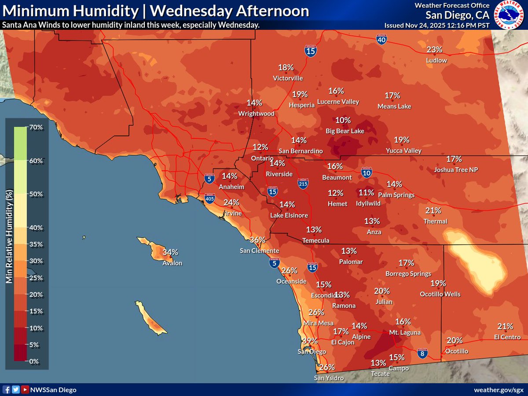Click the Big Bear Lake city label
tap(345, 131)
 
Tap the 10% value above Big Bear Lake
tap(343, 120)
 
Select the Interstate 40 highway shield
tap(381, 40)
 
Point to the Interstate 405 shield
tap(210, 199)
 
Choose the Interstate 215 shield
tap(303, 183)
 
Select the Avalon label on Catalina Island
tap(172, 263)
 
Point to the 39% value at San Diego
tap(310, 341)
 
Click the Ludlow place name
tap(436, 60)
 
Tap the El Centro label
tap(507, 337)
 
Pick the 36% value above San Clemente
tap(257, 240)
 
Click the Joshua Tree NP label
tap(455, 169)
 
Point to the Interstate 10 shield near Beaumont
tap(367, 172)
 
